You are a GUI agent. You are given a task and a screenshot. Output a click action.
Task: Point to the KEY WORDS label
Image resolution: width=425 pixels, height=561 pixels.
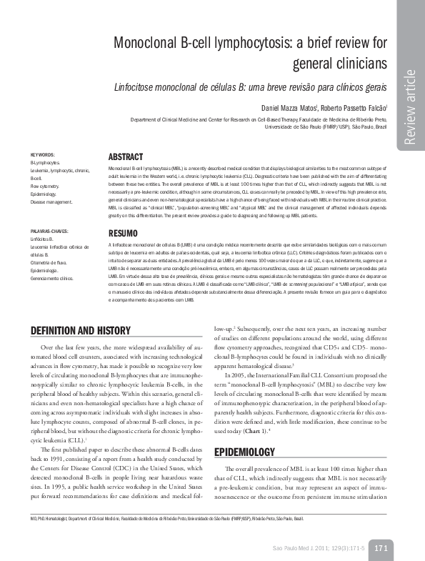coord(42,155)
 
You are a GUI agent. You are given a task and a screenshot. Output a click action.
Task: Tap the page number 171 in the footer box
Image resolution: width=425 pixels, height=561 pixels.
coord(380,547)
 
